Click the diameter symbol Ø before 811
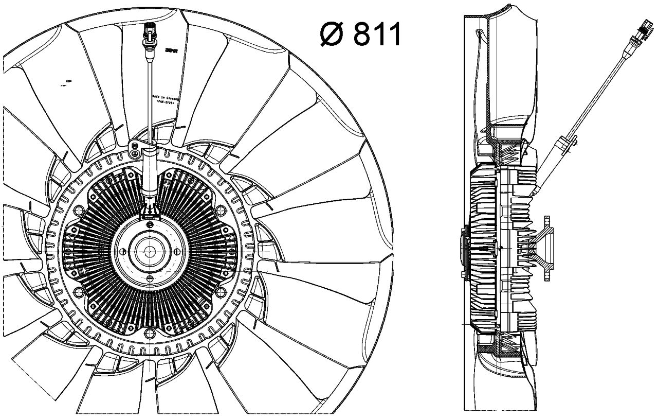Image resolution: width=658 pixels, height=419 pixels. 332,34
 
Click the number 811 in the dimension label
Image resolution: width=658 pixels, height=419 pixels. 377,34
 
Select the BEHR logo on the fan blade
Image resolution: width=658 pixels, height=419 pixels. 170,51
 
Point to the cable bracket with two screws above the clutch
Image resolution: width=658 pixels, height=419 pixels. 136,148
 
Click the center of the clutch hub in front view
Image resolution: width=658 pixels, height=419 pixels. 150,251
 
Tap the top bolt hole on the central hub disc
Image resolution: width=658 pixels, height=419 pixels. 150,225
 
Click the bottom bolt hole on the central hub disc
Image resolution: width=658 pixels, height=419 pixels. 150,278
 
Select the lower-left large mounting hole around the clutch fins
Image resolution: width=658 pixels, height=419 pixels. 79,292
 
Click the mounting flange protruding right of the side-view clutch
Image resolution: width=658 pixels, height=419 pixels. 546,250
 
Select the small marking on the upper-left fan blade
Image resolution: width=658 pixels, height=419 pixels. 66,81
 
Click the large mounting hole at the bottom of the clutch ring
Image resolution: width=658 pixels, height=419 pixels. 150,333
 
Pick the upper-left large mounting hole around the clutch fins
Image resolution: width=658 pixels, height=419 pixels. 79,211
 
